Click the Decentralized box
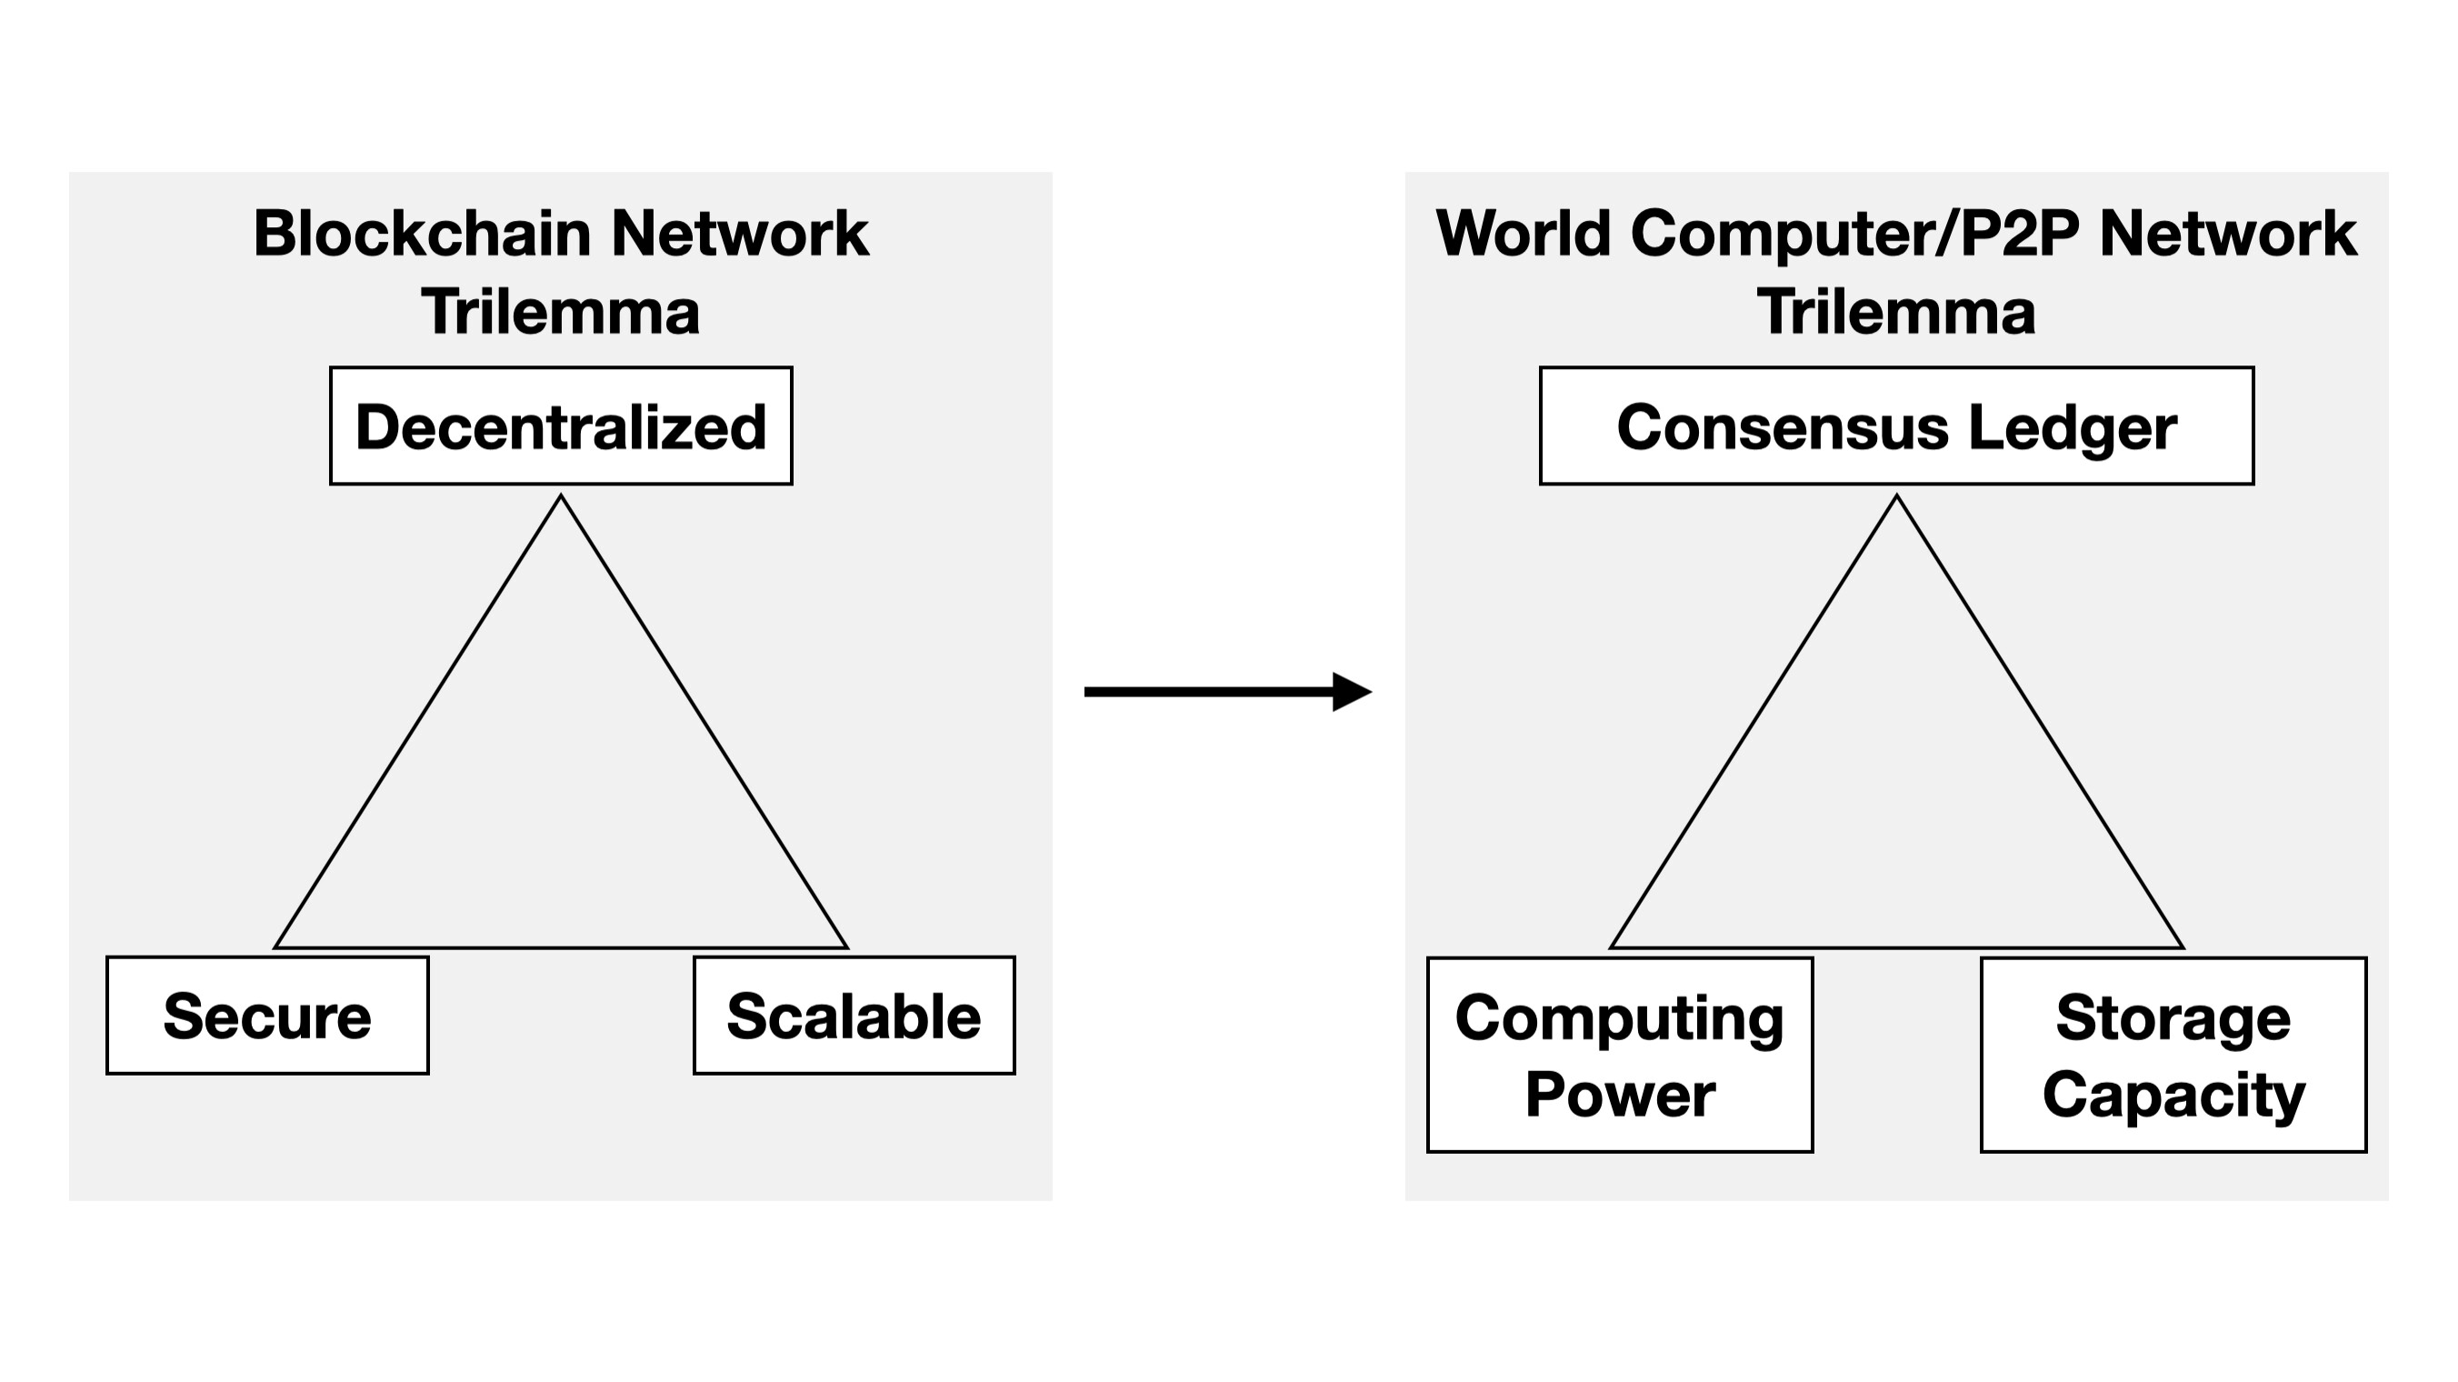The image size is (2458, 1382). [561, 426]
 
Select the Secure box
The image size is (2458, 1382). [267, 1016]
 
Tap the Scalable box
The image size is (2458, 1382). [854, 1016]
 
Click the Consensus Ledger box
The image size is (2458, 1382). [1896, 426]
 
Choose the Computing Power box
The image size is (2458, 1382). [1619, 1055]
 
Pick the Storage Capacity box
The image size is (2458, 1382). [2173, 1055]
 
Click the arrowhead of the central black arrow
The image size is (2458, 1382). [1352, 692]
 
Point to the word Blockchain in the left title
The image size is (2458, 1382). [423, 234]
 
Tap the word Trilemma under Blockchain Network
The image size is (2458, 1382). [561, 312]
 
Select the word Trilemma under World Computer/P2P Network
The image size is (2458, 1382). [1896, 312]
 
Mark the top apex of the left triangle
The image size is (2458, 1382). [561, 496]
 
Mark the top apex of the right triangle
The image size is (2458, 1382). [1896, 496]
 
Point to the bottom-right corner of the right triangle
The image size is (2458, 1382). [2182, 946]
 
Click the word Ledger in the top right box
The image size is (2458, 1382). [2073, 426]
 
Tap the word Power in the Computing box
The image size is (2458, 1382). [1619, 1094]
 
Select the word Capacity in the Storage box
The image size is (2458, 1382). [2173, 1094]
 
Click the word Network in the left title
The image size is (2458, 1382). [740, 234]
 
